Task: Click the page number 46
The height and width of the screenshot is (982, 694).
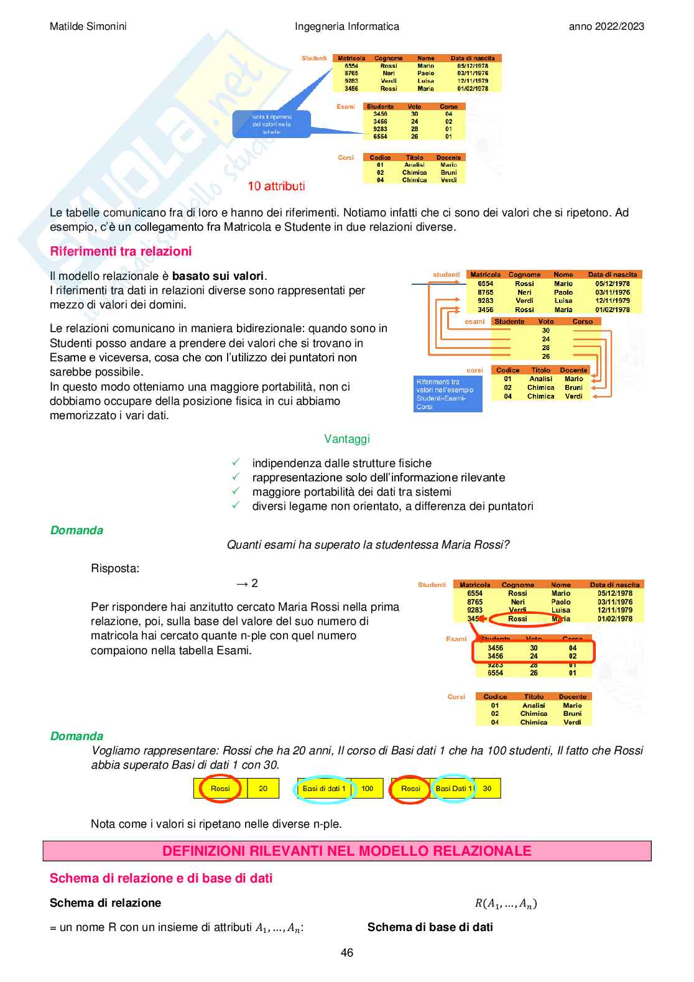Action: click(x=347, y=953)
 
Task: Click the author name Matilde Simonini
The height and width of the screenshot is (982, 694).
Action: click(x=88, y=26)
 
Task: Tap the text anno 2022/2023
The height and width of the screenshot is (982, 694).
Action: click(x=606, y=26)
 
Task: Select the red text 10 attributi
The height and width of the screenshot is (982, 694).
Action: click(x=276, y=186)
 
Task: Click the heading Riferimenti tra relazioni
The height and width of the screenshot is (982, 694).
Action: click(x=121, y=251)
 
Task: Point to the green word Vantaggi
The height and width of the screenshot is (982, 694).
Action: click(x=347, y=439)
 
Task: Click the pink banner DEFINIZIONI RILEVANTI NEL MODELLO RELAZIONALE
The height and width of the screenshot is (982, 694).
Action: click(x=347, y=851)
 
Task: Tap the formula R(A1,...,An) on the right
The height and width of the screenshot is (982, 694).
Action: click(x=506, y=904)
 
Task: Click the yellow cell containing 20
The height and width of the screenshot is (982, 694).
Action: click(x=263, y=789)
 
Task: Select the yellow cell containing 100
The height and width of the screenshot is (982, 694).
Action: click(x=368, y=789)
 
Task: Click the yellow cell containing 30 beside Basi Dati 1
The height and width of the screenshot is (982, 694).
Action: click(x=487, y=789)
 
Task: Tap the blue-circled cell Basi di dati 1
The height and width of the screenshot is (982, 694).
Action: click(x=324, y=789)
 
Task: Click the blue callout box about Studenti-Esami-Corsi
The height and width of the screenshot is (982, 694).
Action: click(x=448, y=394)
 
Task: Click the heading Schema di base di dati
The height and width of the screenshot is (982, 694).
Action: click(x=430, y=927)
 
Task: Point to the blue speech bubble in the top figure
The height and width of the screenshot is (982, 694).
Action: click(x=271, y=124)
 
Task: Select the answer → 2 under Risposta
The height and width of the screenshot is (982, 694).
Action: click(x=247, y=583)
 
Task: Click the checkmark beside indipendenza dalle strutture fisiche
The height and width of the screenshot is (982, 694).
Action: click(x=236, y=463)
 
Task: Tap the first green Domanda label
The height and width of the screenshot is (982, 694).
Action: click(x=76, y=530)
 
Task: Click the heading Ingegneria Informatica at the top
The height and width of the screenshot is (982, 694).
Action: click(x=347, y=26)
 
